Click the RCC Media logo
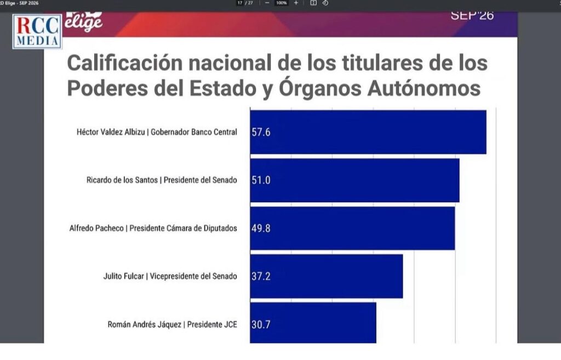point(37,31)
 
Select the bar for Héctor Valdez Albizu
point(368,132)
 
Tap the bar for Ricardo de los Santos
point(354,180)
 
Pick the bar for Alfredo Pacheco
point(352,228)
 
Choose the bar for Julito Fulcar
point(327,276)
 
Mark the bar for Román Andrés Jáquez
point(313,323)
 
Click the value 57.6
point(261,133)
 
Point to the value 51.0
point(261,180)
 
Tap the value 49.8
point(261,228)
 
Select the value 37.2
point(261,276)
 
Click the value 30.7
point(261,324)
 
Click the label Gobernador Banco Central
point(193,132)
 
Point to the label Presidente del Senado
point(200,180)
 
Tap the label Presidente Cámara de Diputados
point(183,228)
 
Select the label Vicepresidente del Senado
point(193,276)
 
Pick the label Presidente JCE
point(212,324)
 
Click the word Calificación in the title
point(125,63)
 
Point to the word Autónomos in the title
point(423,88)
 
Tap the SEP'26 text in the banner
point(472,15)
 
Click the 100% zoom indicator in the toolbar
point(281,3)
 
